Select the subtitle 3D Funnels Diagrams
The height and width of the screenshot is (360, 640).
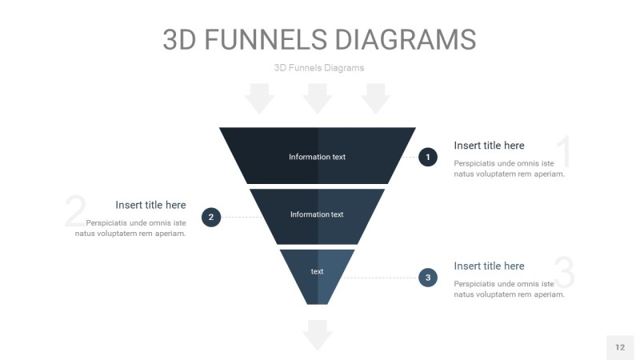pos(318,68)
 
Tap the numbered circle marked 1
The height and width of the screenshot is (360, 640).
pos(428,157)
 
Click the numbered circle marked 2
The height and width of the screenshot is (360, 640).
pos(211,217)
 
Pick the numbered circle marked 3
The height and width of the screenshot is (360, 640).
pos(428,278)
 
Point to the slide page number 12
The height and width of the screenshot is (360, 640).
pos(620,347)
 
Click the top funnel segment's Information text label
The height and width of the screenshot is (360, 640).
pos(318,157)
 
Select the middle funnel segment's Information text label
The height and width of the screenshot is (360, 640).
pos(317,214)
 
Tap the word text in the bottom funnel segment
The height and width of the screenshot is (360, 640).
pos(318,271)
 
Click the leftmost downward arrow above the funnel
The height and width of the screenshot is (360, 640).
pos(260,98)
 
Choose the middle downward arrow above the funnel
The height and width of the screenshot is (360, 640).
pos(318,98)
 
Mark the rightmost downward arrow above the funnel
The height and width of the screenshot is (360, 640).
pos(375,98)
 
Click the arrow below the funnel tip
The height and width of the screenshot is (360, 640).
pos(318,334)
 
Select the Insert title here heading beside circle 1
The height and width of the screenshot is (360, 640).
pos(489,146)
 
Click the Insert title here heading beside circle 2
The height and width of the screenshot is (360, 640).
pos(150,205)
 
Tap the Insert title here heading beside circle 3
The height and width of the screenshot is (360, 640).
pos(489,266)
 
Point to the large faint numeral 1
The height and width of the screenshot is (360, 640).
pos(563,153)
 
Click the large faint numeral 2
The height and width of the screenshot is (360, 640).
pos(75,212)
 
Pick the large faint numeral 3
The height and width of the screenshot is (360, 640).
pos(563,273)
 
